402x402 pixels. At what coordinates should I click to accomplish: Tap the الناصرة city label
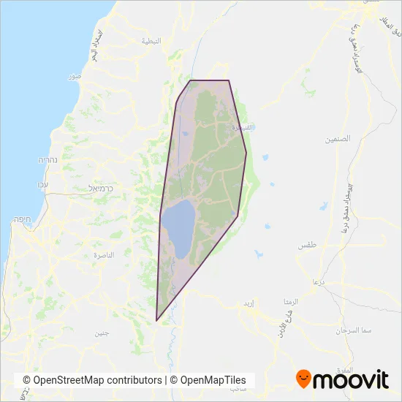tap(99, 254)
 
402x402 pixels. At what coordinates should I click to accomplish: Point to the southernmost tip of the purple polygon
tap(156, 320)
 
